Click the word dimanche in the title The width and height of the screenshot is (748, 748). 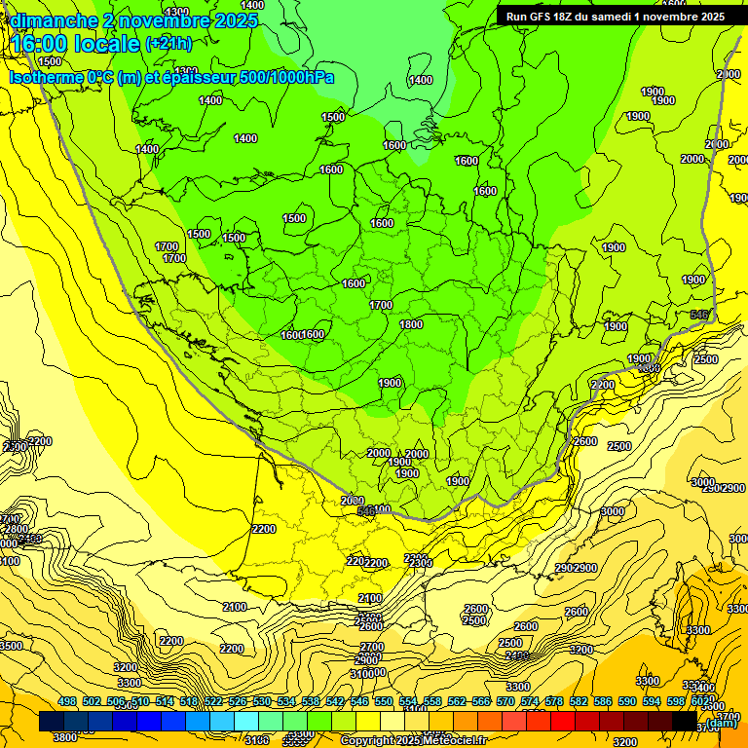point(53,19)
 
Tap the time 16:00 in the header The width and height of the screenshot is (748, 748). point(40,43)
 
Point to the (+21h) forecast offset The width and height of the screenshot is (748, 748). point(168,43)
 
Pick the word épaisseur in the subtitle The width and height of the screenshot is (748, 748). point(207,77)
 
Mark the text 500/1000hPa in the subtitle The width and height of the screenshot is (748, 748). point(290,77)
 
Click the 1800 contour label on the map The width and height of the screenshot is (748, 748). point(411,324)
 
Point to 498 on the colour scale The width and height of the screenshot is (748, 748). point(67,701)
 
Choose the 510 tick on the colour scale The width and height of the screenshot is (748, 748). point(140,701)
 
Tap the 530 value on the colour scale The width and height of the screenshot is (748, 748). point(262,701)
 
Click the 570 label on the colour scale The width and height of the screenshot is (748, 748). point(505,701)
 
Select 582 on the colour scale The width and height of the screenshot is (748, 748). point(579,701)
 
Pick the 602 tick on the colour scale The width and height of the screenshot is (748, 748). point(699,701)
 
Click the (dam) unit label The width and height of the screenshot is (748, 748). point(723,723)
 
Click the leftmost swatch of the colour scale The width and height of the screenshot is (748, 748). point(53,722)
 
